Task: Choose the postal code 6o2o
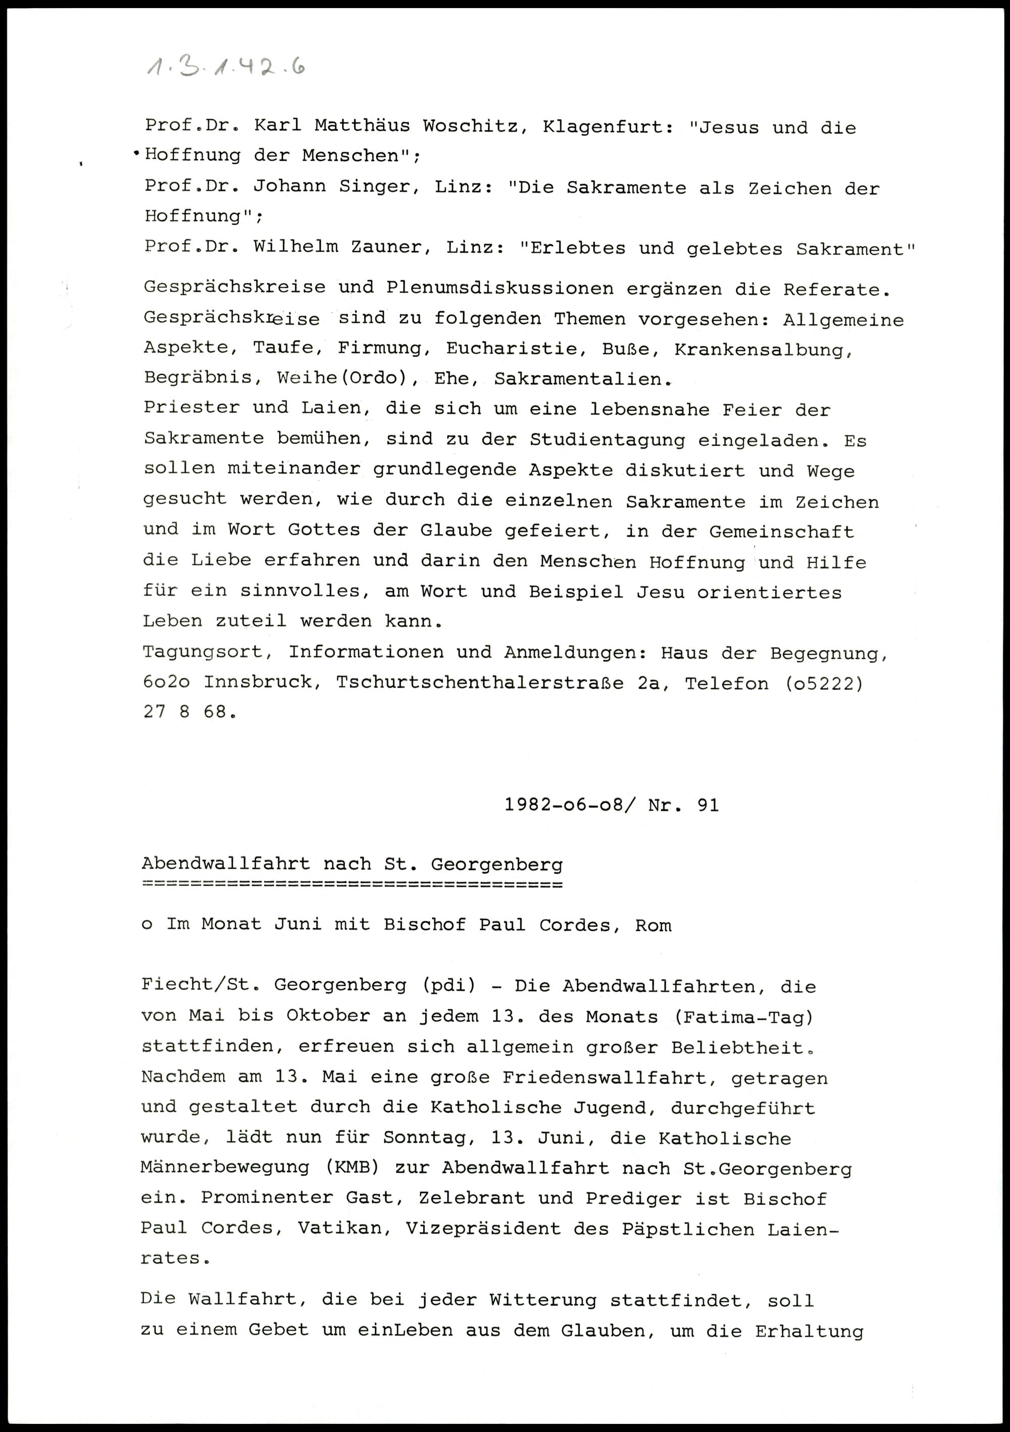click(167, 682)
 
